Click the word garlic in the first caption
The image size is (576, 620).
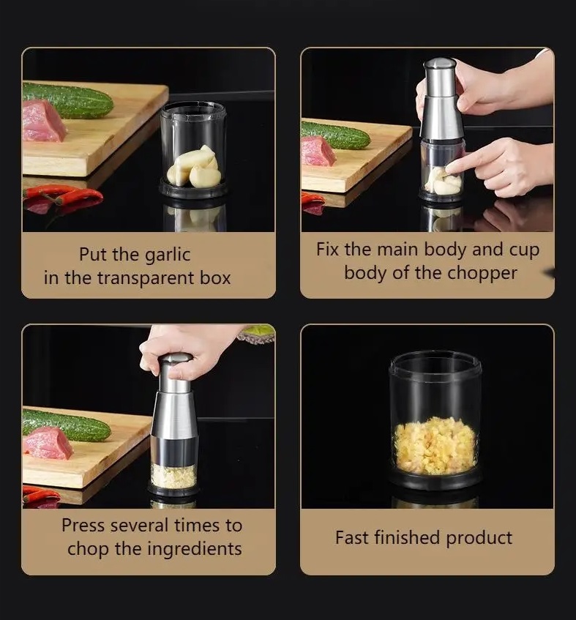(168, 255)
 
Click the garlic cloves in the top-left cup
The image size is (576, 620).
(194, 167)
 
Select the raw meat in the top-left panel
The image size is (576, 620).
(42, 121)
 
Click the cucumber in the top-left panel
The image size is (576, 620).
(67, 100)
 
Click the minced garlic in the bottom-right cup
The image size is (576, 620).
(435, 445)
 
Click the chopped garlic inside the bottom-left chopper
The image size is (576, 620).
(173, 476)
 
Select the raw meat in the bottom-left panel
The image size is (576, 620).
(48, 443)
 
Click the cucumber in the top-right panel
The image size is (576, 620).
(335, 135)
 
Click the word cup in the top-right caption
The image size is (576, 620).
(524, 250)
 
